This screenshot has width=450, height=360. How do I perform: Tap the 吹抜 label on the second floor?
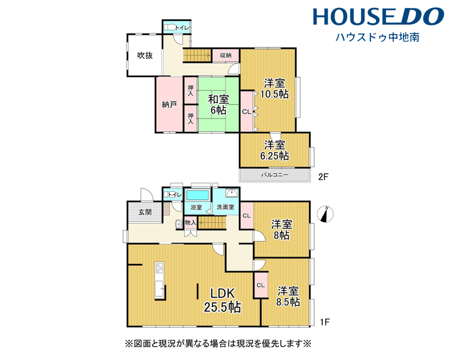coord(145,55)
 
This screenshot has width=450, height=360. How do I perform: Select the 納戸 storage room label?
coord(169,105)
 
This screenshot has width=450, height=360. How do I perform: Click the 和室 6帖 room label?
coord(218,105)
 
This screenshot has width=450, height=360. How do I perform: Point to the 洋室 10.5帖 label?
coord(275,89)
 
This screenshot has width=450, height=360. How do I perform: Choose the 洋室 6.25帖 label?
coord(275,150)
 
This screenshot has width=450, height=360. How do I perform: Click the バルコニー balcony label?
coord(275,175)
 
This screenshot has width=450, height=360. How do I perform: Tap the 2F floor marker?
coord(323,177)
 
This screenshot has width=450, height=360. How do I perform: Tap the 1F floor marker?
coord(325,322)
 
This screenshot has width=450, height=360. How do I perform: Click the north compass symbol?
coord(325,214)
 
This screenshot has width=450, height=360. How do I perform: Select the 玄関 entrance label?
coord(145,212)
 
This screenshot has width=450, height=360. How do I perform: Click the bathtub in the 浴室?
coord(198,195)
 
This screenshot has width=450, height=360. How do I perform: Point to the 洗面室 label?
coord(225,207)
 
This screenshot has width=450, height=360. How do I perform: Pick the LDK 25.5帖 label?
coord(223,300)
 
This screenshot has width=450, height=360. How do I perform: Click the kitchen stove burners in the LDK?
coord(159,268)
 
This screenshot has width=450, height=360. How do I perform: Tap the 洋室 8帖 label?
coord(282,230)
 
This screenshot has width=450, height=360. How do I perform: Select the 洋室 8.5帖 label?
coord(288,297)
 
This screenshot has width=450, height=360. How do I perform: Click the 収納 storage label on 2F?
coord(226,55)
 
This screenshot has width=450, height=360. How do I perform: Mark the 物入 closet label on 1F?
coord(190,223)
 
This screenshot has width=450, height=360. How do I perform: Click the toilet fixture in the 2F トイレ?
coord(170,27)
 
